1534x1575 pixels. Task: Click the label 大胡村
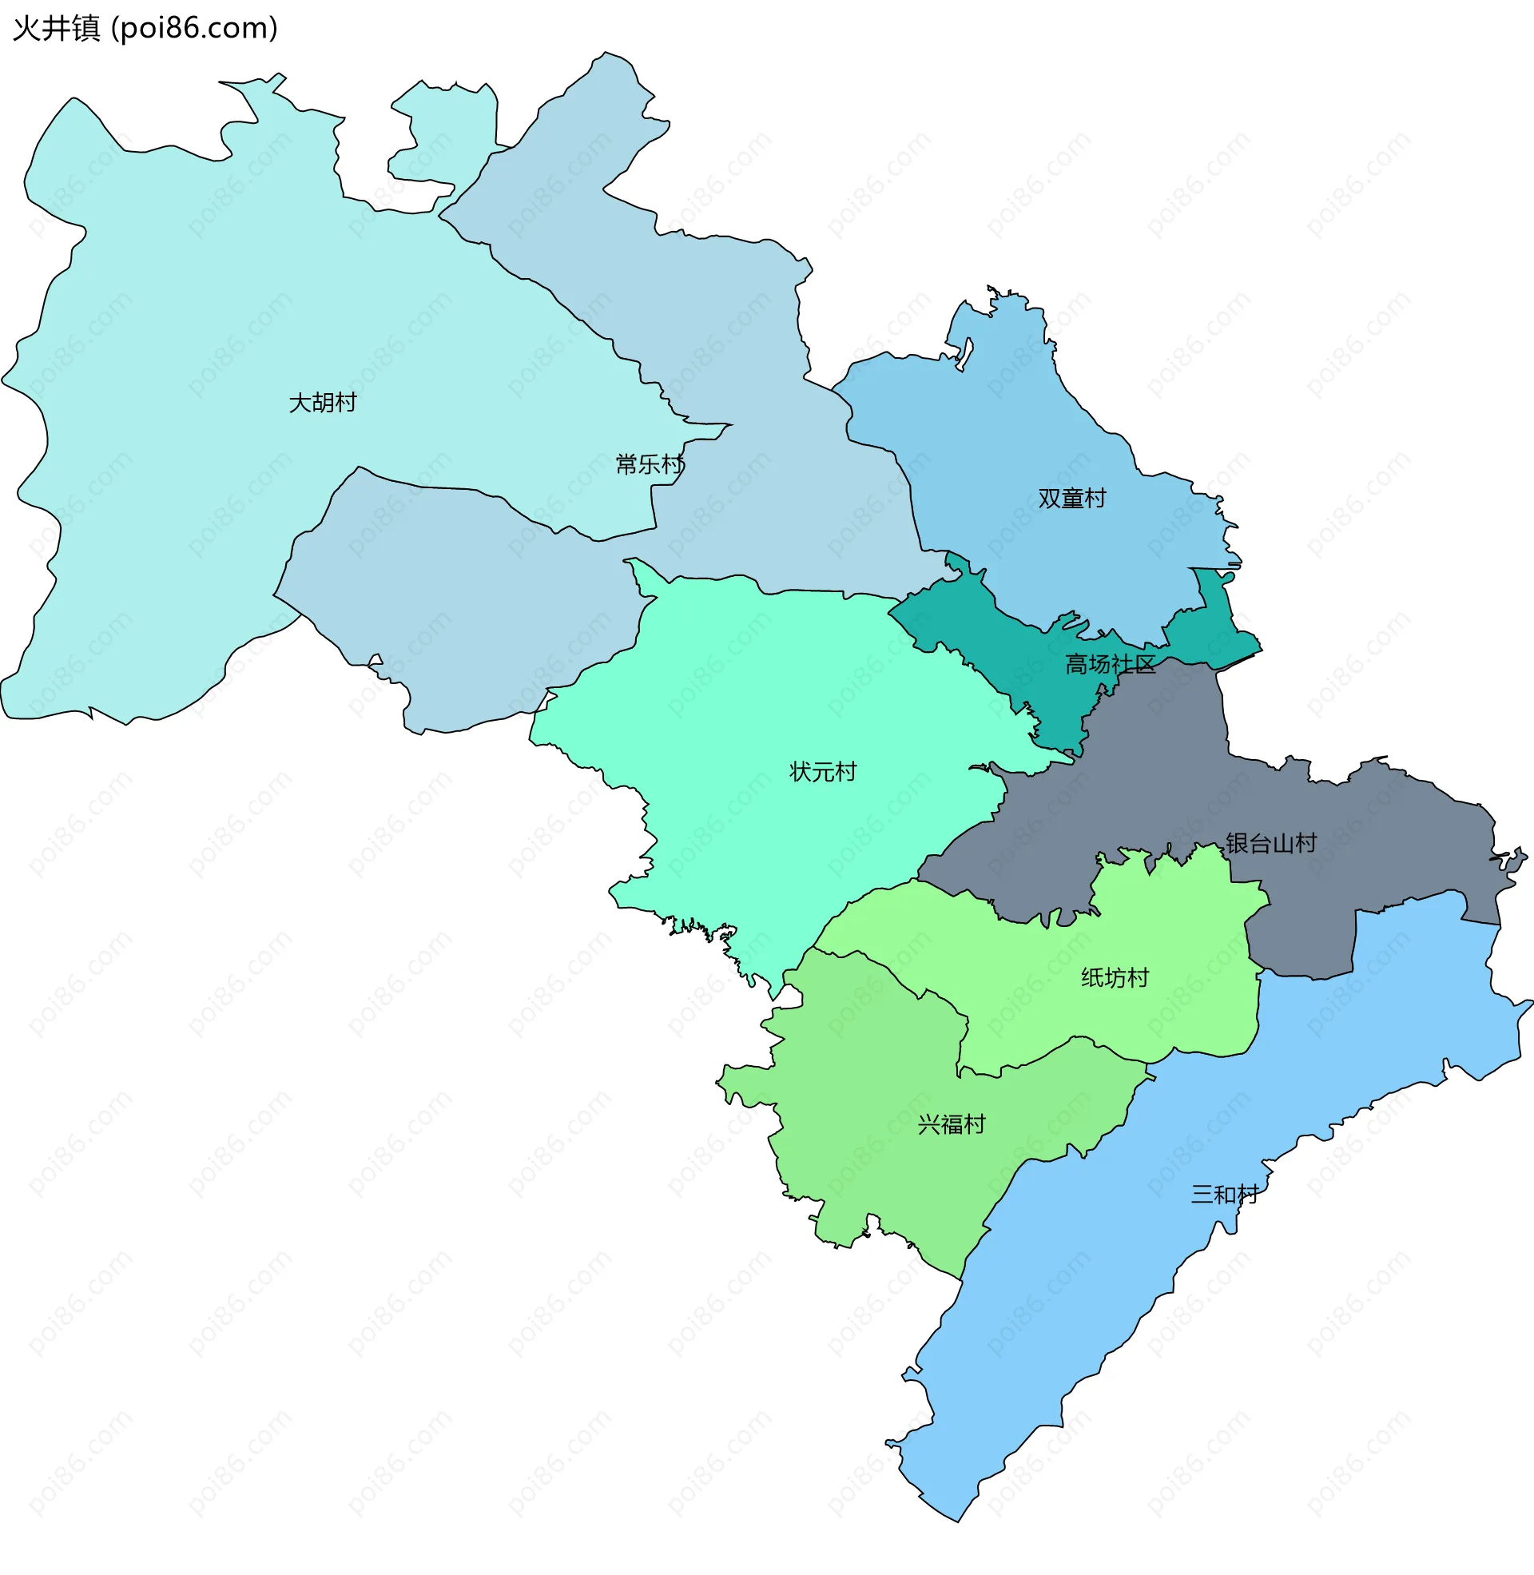(x=322, y=402)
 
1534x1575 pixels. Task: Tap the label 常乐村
(x=650, y=464)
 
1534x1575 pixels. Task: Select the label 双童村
(x=1071, y=498)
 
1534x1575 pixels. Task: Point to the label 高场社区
(x=1111, y=664)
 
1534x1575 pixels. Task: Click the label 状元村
(x=823, y=772)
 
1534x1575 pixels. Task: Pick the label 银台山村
(x=1270, y=843)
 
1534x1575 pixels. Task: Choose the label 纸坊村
(x=1115, y=977)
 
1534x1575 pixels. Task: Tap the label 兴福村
(x=952, y=1124)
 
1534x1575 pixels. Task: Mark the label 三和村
(x=1225, y=1194)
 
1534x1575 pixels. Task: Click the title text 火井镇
(x=57, y=28)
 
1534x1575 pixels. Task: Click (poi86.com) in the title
(x=194, y=28)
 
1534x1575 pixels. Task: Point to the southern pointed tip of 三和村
(x=957, y=1519)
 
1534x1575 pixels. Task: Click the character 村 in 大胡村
(x=346, y=402)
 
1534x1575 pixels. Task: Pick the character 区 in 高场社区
(x=1145, y=664)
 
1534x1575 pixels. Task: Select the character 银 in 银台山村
(x=1237, y=843)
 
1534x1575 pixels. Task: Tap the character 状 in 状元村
(x=800, y=772)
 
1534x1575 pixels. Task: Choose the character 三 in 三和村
(x=1202, y=1194)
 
